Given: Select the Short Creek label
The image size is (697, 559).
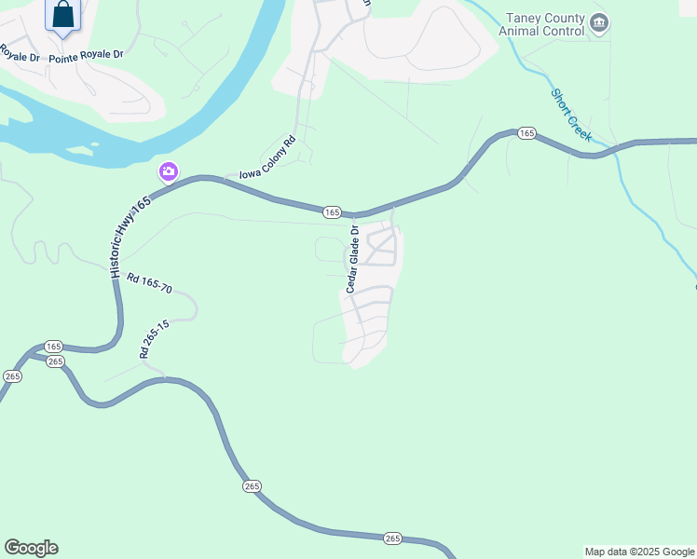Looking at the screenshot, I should [x=571, y=115].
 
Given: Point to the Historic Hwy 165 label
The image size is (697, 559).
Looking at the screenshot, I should [x=130, y=238].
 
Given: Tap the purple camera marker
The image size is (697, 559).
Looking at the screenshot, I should [x=169, y=170].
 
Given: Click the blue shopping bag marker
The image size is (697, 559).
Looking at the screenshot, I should [x=63, y=16].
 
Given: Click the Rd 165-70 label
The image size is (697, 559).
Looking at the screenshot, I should [x=149, y=283].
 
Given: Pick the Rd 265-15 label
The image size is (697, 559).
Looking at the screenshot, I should [x=154, y=339].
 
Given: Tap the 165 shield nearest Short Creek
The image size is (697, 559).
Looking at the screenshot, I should [x=526, y=134].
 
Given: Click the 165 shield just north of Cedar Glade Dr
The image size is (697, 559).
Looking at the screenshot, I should [x=332, y=213].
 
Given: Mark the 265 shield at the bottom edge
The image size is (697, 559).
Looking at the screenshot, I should [x=392, y=539].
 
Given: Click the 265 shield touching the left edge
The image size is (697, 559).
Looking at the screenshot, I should [x=11, y=376].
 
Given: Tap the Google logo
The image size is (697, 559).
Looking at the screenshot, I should [x=31, y=548].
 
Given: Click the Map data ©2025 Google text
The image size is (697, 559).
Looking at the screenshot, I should [x=640, y=552].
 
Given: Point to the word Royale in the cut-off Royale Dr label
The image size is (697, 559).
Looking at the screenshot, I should [x=11, y=51].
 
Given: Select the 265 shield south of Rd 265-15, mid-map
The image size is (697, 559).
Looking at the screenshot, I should [x=253, y=486].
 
